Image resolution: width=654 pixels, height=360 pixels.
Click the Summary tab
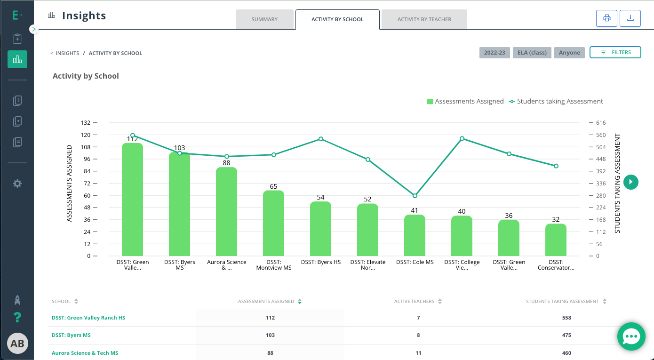tap(264, 19)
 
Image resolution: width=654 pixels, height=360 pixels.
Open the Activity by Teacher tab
tap(424, 19)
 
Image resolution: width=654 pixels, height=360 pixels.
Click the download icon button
tap(630, 18)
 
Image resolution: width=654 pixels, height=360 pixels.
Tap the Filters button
tap(615, 53)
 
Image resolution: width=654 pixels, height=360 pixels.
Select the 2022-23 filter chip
tap(494, 53)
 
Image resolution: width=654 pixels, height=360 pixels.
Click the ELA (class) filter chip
tap(532, 53)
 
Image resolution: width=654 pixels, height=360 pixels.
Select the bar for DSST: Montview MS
tap(273, 223)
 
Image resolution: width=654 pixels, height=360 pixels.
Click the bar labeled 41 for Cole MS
tap(415, 235)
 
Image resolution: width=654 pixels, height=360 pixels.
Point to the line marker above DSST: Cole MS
tap(415, 196)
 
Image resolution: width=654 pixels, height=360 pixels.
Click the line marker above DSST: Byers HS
tap(321, 139)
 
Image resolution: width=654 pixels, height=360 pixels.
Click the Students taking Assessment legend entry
tap(556, 101)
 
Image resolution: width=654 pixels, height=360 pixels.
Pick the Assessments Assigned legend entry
tap(465, 101)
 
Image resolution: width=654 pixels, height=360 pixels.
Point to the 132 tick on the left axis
tap(86, 123)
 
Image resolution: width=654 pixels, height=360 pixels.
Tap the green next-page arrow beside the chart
tap(631, 182)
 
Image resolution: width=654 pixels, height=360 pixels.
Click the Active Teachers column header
tap(415, 301)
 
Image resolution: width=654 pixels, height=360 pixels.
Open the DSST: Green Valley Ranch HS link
tap(88, 318)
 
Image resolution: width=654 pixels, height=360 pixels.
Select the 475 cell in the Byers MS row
tap(566, 335)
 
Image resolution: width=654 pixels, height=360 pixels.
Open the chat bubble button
tap(631, 336)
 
